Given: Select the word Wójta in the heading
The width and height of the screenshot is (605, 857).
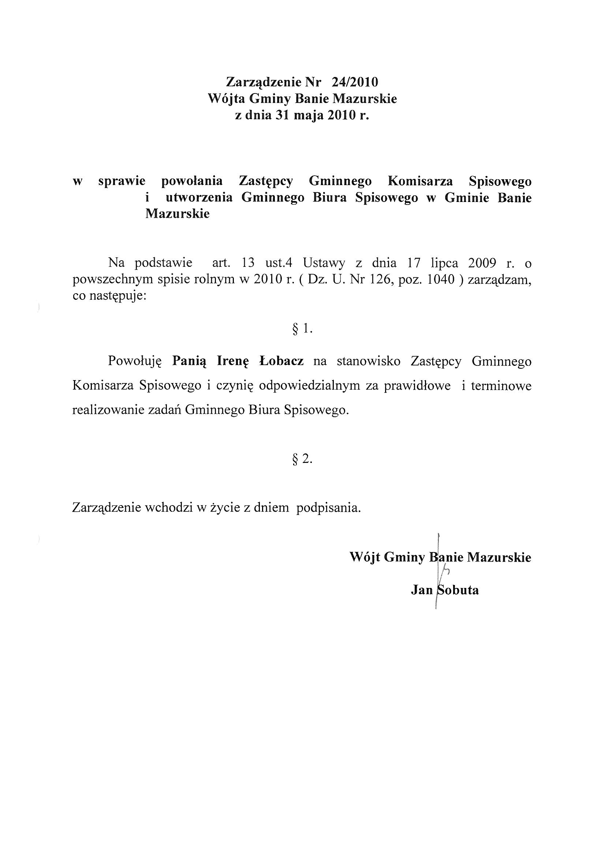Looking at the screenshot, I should [226, 99].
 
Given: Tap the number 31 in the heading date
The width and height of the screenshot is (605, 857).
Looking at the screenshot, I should [283, 116].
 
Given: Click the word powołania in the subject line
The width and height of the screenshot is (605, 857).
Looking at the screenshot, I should [192, 181].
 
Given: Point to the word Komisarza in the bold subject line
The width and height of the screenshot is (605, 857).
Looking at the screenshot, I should [421, 181].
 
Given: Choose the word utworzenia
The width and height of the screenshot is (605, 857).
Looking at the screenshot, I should [199, 198].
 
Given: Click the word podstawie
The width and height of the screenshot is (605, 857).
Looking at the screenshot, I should [164, 263].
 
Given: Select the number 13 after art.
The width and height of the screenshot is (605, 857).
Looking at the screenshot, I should [248, 263].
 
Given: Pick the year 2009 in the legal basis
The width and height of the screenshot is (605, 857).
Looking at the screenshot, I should [482, 263].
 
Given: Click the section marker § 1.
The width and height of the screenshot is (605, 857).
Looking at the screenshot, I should [302, 328].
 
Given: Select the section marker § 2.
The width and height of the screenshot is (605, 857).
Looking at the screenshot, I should [302, 459].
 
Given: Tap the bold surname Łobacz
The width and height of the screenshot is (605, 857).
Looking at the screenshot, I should [281, 361].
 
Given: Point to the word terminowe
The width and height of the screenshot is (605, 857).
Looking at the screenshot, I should [501, 386].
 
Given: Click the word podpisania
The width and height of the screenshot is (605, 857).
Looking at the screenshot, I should [328, 508].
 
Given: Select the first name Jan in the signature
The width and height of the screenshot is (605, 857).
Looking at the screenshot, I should [422, 590].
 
